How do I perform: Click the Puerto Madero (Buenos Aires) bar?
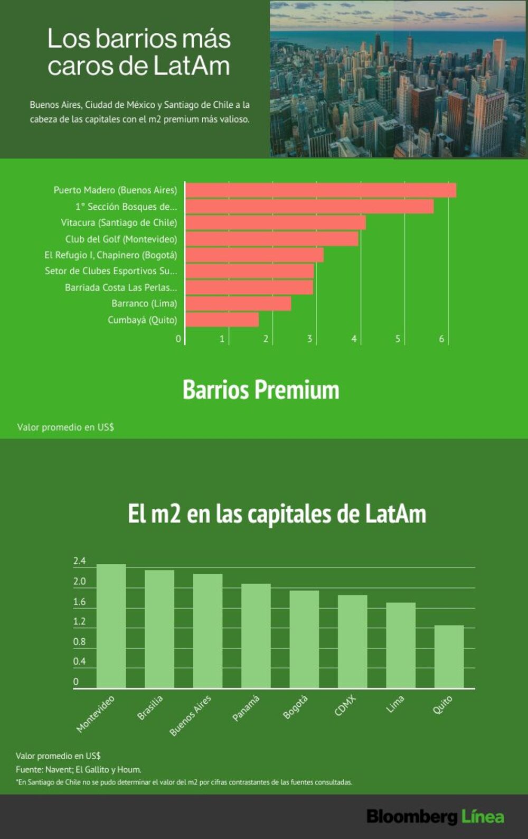pos(320,190)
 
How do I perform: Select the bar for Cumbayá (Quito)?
pos(222,320)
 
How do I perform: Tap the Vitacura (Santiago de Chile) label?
pos(119,223)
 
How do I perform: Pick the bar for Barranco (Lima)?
pos(238,303)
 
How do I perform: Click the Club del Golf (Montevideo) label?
pos(121,239)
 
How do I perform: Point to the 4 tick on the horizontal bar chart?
pos(354,339)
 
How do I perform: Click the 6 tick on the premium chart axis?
pos(441,339)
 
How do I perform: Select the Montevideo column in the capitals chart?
pos(111,626)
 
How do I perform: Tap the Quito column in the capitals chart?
pos(449,657)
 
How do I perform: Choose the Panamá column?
pos(256,636)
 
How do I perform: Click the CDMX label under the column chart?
pos(345,705)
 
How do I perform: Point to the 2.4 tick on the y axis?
pos(79,561)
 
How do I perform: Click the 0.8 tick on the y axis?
pos(79,641)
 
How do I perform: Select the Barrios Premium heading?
pos(261,390)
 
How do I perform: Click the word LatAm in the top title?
pos(192,66)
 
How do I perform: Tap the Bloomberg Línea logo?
pos(436,817)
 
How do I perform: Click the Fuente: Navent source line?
pos(79,770)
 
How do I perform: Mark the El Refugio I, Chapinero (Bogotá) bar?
pos(254,255)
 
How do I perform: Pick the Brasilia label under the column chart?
pos(150,707)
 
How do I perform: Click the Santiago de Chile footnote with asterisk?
pos(184,782)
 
